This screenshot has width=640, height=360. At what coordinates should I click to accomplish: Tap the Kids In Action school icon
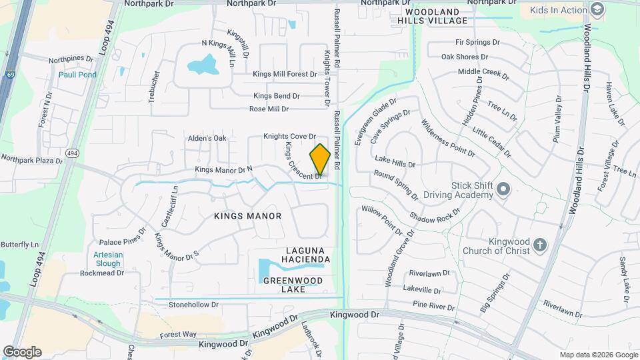coord(597,9)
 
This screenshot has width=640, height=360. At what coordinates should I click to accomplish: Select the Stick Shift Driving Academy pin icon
coord(503,191)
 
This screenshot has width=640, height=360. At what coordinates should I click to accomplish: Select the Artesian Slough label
coord(107,259)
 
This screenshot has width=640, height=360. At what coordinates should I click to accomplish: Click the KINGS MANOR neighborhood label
coord(248,216)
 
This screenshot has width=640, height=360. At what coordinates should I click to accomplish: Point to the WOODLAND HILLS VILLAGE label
coord(428,17)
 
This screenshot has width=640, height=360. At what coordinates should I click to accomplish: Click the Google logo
coord(22,351)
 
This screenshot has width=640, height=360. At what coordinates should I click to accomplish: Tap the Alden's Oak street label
coord(207,138)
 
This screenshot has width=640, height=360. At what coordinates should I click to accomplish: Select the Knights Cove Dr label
coord(289,136)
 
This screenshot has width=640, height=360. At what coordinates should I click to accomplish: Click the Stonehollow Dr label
coord(193,305)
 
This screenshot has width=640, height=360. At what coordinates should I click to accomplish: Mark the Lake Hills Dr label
coord(395,161)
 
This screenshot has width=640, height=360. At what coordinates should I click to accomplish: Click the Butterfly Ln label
coord(20,245)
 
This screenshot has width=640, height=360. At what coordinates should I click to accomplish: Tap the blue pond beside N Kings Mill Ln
coord(203,65)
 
